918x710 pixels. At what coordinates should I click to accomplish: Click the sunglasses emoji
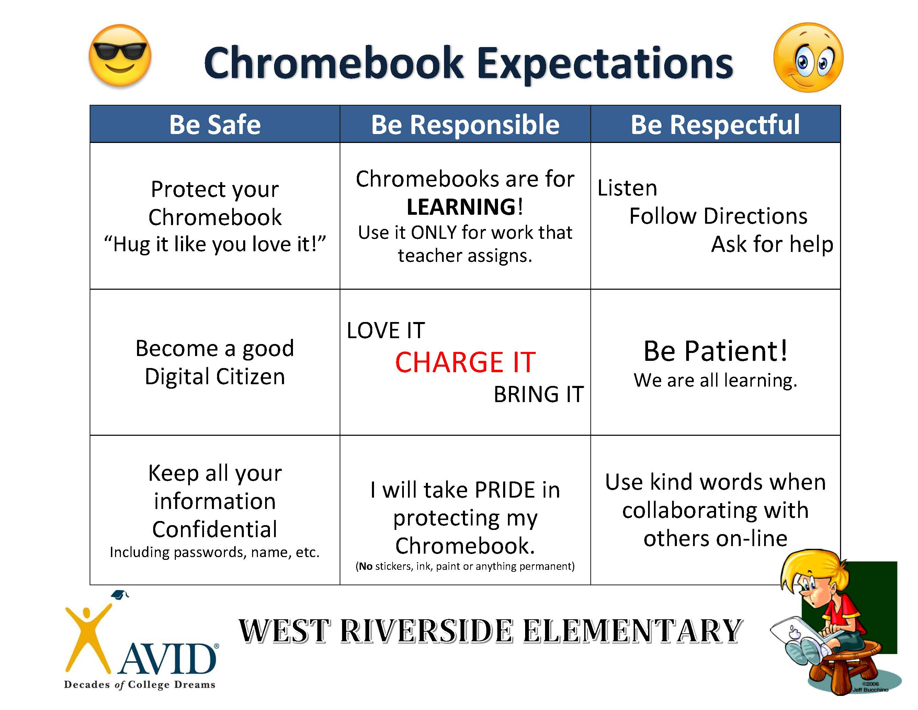(120, 56)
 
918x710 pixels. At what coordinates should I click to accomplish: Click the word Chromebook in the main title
(334, 63)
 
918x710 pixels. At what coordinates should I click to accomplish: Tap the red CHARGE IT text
(465, 362)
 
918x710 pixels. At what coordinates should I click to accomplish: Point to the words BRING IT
(539, 394)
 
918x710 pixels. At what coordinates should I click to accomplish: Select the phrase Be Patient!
(715, 351)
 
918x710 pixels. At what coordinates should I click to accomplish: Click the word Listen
(627, 188)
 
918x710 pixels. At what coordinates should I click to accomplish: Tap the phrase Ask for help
(772, 244)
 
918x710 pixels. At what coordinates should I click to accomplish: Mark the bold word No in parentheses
(366, 566)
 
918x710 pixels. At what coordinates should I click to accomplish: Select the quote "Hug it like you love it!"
(215, 244)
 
